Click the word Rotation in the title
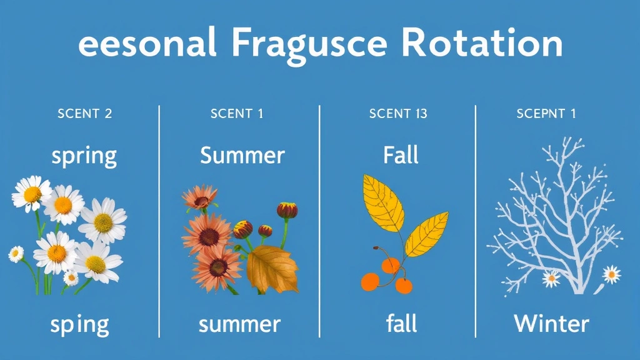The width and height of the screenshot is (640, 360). [x=482, y=43]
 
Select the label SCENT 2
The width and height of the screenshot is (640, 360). [x=84, y=114]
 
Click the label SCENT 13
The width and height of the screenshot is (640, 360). [x=399, y=114]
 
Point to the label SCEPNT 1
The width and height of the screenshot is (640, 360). [x=546, y=114]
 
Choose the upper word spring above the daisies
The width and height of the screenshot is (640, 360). [x=84, y=156]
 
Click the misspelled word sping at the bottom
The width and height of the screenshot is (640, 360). [x=79, y=325]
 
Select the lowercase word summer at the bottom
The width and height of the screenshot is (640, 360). [x=239, y=324]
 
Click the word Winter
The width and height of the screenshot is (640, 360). [x=551, y=324]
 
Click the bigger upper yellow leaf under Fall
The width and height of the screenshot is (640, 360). [x=384, y=203]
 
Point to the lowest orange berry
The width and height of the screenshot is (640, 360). [x=404, y=286]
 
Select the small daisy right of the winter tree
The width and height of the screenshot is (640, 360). [x=611, y=274]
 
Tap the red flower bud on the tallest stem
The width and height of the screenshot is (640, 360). [x=287, y=210]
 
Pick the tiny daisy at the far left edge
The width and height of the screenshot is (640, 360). [x=16, y=254]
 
